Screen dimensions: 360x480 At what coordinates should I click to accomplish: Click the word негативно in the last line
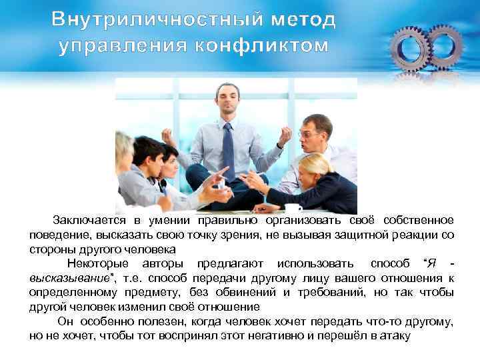(289, 336)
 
